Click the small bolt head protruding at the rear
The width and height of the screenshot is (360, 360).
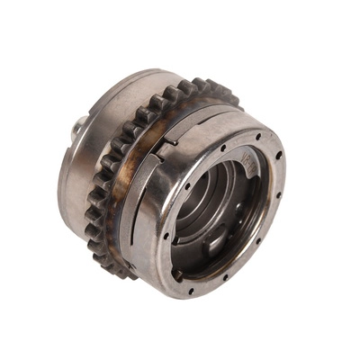(x=77, y=129)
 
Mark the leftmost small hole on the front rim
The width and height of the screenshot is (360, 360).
(x=166, y=236)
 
